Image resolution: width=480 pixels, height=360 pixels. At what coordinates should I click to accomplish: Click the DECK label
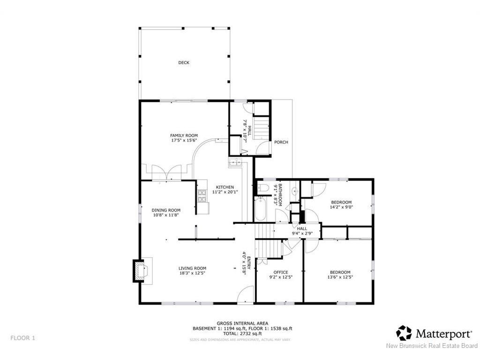(184, 62)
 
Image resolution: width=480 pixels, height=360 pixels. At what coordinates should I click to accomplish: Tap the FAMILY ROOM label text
(184, 135)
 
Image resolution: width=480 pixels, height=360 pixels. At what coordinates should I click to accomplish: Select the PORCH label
(281, 142)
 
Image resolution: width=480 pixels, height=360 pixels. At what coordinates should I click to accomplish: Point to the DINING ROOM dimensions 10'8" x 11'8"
(166, 215)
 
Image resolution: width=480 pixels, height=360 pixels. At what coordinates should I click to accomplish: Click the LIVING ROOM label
(192, 268)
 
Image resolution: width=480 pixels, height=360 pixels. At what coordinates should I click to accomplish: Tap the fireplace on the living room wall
(140, 270)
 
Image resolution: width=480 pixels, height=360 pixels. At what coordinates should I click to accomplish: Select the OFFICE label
(281, 272)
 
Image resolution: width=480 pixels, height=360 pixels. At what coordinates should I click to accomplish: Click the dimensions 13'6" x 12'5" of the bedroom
(340, 277)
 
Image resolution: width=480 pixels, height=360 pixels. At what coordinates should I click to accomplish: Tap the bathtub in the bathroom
(260, 209)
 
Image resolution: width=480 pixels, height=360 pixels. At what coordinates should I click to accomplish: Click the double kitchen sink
(234, 163)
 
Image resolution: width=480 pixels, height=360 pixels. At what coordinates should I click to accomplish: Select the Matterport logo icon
(404, 333)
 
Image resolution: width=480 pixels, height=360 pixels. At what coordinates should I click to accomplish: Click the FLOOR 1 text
(22, 337)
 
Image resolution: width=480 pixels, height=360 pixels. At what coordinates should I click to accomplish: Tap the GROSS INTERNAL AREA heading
(242, 323)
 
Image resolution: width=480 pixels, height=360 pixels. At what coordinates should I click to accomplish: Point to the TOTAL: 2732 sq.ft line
(242, 333)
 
